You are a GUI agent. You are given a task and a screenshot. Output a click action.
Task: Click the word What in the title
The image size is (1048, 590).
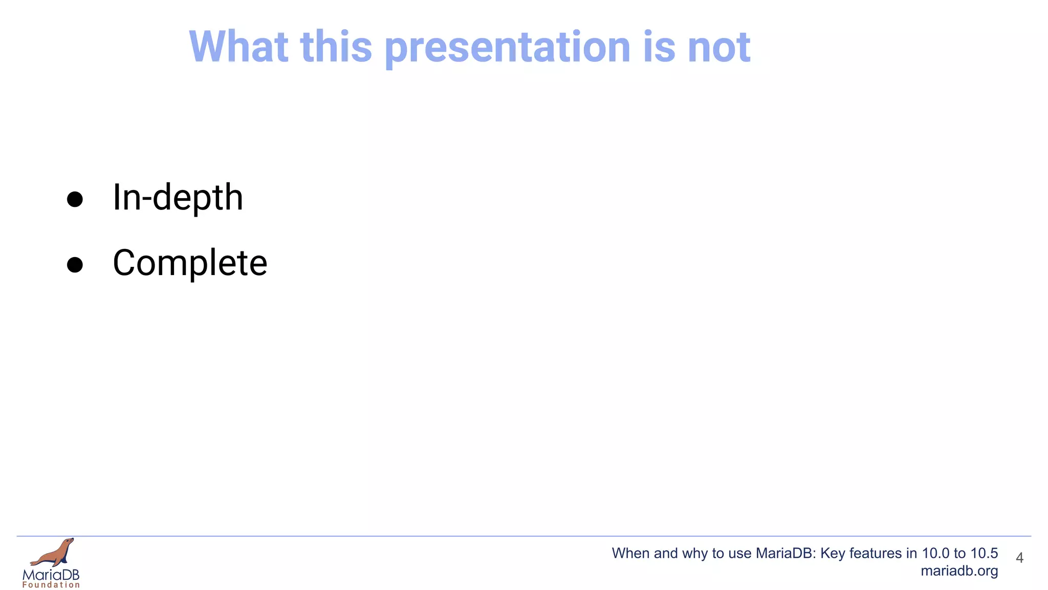point(238,47)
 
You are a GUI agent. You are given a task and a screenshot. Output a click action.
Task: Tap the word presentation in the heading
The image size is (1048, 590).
point(507,47)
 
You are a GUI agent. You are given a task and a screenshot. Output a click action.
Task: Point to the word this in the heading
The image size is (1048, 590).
point(336,47)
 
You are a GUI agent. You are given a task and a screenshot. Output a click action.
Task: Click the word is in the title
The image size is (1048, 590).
point(659,47)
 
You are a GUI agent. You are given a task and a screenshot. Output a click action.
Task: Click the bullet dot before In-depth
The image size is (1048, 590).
point(75,199)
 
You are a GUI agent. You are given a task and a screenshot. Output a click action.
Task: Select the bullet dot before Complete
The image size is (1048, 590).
point(75,265)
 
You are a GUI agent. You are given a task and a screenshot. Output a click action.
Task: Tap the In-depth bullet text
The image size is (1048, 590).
point(178,198)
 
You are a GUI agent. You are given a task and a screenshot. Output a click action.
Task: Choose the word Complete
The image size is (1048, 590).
point(190,263)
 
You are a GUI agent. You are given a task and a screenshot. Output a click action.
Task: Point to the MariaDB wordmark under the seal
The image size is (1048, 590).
point(51,575)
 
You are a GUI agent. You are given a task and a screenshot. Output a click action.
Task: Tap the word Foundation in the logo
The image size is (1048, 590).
point(51,585)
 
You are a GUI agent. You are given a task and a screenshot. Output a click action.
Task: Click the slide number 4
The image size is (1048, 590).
point(1019,558)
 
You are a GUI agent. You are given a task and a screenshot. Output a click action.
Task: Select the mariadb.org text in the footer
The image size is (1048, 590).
point(959,571)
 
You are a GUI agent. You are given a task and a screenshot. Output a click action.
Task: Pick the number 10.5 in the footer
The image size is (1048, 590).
point(984,553)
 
